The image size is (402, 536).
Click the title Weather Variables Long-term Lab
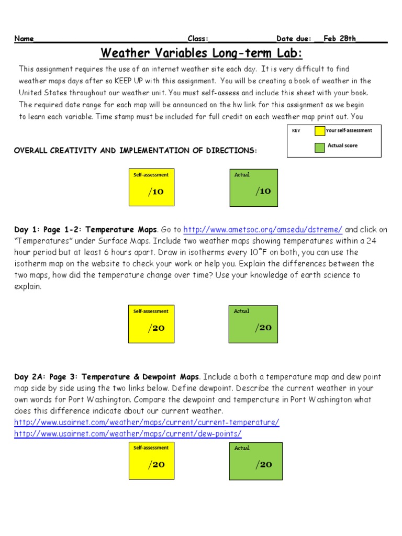pos(202,53)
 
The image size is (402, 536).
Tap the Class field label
pos(198,39)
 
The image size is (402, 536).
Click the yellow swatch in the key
pos(319,131)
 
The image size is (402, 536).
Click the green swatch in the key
pos(319,147)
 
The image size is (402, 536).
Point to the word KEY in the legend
pos(296,131)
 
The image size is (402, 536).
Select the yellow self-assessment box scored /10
pos(151,187)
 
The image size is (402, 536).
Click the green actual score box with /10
pos(254,187)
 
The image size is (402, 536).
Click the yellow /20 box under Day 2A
pos(151,461)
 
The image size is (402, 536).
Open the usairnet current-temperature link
pos(147,422)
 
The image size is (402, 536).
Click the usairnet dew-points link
pos(128,434)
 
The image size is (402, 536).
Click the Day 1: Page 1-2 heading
pos(85,230)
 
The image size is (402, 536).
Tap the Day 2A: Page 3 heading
pos(107,377)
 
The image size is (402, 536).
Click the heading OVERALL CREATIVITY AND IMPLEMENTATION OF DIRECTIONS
pos(136,151)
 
